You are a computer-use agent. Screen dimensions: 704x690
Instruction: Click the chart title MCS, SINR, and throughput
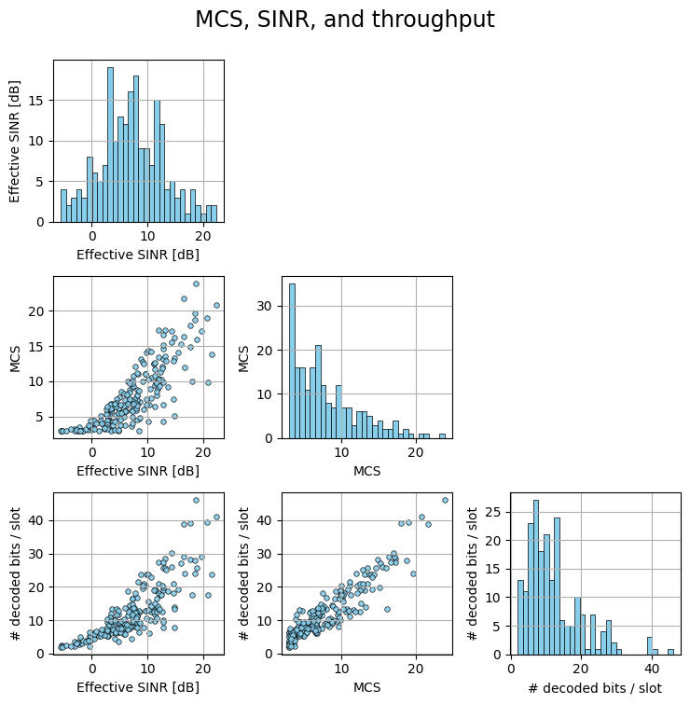click(x=345, y=20)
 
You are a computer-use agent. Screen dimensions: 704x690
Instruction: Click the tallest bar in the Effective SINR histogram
click(x=110, y=145)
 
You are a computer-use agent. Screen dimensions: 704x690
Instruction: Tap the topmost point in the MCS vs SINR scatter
click(x=196, y=283)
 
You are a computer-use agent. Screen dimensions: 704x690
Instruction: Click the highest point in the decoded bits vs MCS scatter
click(x=445, y=500)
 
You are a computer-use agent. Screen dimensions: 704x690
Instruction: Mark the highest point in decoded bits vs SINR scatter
click(x=196, y=500)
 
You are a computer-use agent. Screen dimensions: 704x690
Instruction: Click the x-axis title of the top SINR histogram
click(x=138, y=255)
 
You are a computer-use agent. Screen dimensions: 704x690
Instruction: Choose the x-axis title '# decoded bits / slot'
click(x=595, y=688)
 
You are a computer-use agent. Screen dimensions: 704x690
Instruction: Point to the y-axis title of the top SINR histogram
click(x=15, y=140)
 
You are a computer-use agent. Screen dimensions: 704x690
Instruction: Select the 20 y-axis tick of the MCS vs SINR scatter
click(x=38, y=311)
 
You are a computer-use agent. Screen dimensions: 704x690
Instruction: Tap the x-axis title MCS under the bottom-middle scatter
click(x=366, y=688)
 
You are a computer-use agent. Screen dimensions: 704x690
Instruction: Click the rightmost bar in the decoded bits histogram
click(x=670, y=651)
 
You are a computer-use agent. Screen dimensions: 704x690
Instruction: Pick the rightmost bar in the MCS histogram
click(x=442, y=435)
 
